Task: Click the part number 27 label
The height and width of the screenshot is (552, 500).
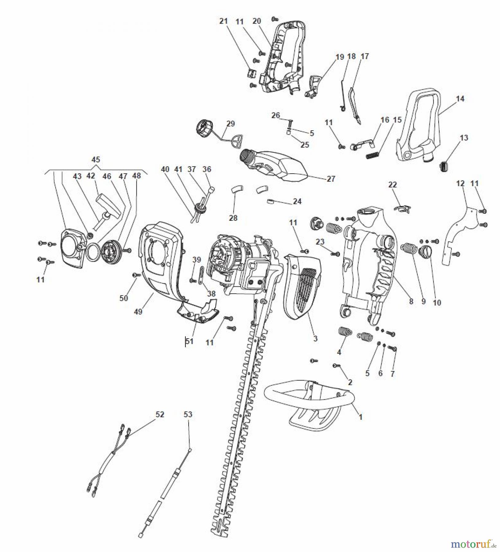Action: click(331, 178)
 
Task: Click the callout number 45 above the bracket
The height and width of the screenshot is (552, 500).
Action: click(96, 159)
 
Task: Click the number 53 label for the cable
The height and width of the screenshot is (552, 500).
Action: click(188, 415)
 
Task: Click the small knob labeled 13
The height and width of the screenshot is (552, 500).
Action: click(444, 167)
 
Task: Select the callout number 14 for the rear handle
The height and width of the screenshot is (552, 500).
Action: click(460, 99)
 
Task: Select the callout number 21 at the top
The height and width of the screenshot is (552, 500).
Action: click(224, 21)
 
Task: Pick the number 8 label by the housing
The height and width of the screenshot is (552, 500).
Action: click(411, 301)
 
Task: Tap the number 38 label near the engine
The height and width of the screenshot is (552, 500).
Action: click(211, 293)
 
